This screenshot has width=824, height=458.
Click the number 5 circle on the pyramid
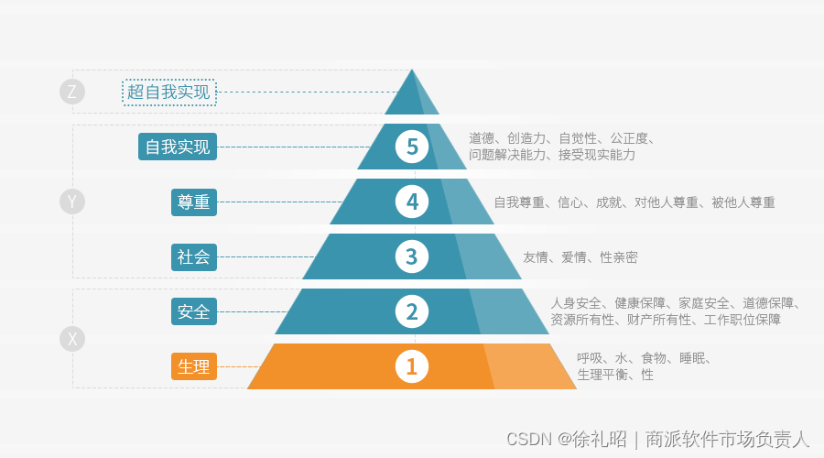[412, 147]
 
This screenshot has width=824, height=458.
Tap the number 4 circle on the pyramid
[412, 202]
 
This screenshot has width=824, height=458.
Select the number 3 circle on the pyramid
[412, 256]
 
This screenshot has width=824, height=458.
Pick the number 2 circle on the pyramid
[412, 311]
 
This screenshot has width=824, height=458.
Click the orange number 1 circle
[412, 366]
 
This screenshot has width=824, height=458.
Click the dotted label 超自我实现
[168, 92]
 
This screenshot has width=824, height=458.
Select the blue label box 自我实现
[178, 147]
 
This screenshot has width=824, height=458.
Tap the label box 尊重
[193, 202]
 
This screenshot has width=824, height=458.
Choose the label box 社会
[193, 256]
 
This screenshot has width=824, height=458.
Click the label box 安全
[193, 311]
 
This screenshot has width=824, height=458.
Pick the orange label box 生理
[193, 366]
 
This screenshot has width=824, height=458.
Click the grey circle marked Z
[72, 92]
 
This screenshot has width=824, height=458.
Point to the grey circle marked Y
[72, 202]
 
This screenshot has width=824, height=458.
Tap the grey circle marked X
[72, 339]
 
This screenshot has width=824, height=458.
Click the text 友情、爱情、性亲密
[580, 257]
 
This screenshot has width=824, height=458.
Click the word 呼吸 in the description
[590, 358]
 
